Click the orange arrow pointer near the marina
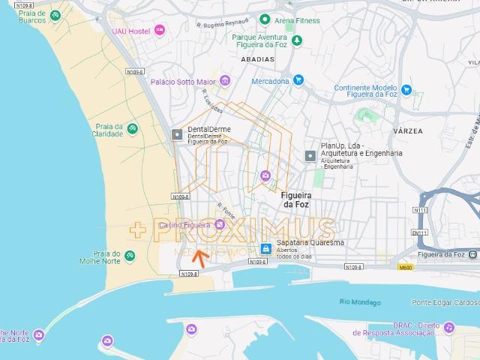[x=199, y=259]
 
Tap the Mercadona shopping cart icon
[x=298, y=79]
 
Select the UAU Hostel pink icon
[x=159, y=31]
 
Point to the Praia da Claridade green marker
[x=132, y=129]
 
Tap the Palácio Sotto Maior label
[x=184, y=82]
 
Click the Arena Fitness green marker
[x=264, y=19]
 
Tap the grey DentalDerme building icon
[x=177, y=135]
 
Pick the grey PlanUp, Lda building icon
[x=310, y=155]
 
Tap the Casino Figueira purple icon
[x=219, y=224]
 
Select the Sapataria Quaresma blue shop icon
[x=264, y=248]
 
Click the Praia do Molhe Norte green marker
[x=131, y=256]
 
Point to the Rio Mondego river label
[x=355, y=301]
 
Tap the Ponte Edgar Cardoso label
[x=444, y=303]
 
